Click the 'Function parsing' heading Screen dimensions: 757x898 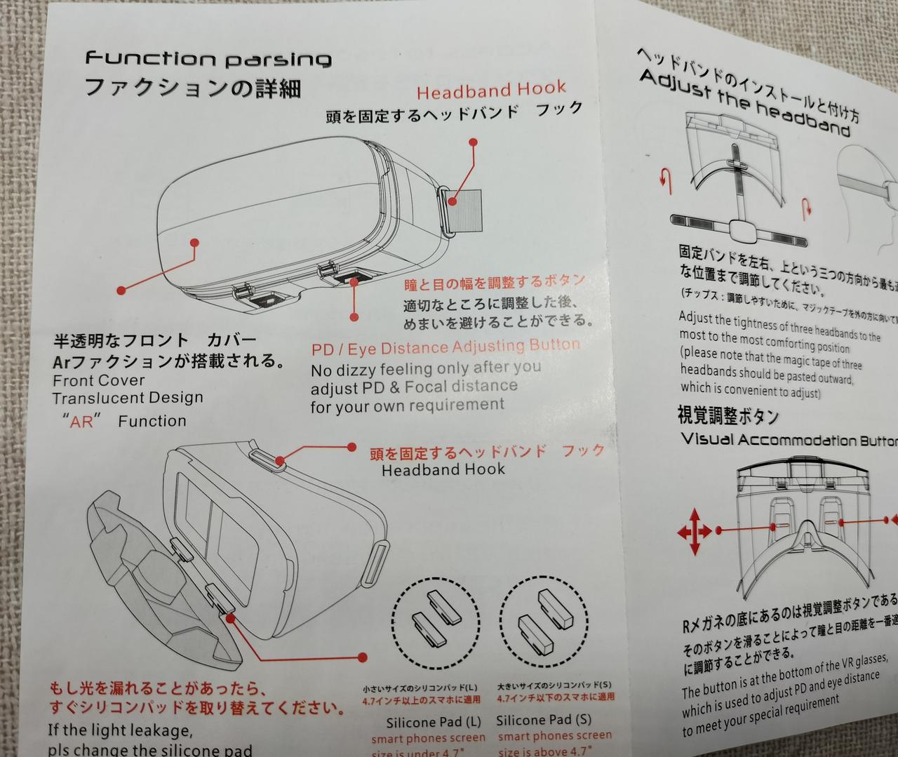(x=208, y=58)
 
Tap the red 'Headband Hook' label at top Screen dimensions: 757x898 (x=491, y=90)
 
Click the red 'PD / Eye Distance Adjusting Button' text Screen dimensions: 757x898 (x=446, y=347)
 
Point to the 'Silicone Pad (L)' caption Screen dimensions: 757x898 (x=434, y=721)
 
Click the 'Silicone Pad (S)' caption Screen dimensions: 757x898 (x=544, y=720)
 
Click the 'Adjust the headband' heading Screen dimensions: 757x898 (x=745, y=105)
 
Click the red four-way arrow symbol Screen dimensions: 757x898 (x=695, y=532)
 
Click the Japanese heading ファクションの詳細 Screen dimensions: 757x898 (x=192, y=89)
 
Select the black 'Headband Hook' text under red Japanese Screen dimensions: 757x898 (x=443, y=469)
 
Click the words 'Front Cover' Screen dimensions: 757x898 (x=99, y=380)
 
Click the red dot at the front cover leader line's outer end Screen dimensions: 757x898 (x=121, y=289)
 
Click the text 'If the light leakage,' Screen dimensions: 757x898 (x=120, y=730)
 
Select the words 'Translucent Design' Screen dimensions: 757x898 (x=128, y=398)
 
